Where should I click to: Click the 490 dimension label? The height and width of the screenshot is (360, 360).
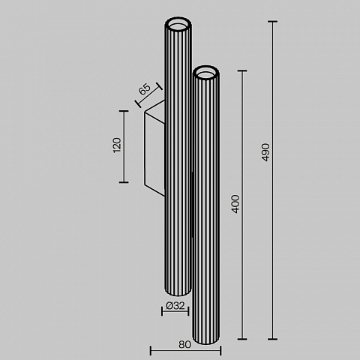265,152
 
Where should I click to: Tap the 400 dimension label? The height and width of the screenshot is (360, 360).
235,204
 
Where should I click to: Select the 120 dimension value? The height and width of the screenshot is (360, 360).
117,145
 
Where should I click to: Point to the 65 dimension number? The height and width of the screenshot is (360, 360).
145,89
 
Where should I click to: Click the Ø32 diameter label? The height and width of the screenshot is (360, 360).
175,305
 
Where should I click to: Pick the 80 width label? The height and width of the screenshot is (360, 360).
184,344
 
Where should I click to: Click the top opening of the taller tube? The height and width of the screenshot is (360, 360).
178,24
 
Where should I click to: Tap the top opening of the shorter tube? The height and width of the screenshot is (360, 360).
206,73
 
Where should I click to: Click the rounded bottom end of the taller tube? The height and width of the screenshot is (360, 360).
178,292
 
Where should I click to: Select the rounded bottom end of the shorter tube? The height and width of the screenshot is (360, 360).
206,339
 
